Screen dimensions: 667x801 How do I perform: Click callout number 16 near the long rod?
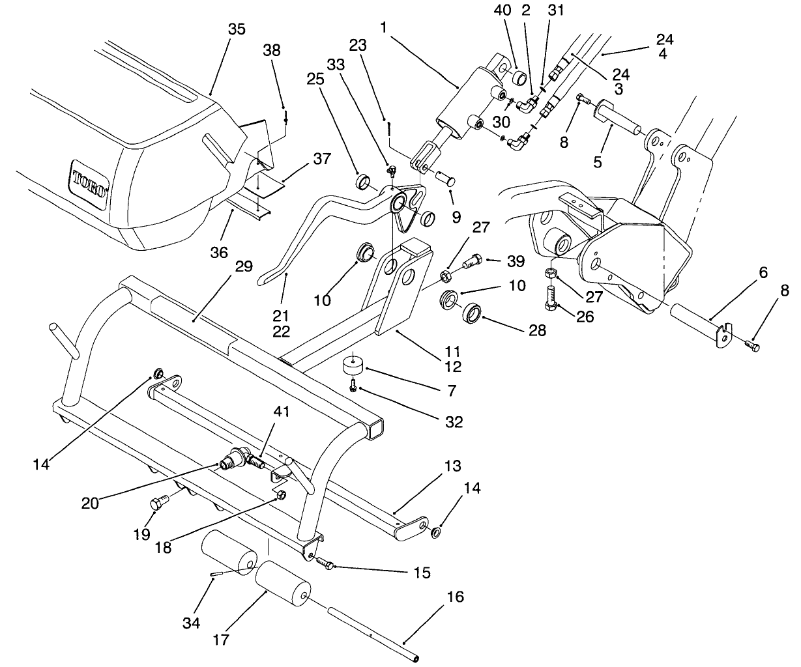(x=456, y=597)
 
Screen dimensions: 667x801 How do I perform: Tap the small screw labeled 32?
(x=353, y=387)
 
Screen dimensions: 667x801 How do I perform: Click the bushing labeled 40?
(x=519, y=79)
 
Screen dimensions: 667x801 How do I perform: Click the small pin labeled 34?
(x=217, y=573)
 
